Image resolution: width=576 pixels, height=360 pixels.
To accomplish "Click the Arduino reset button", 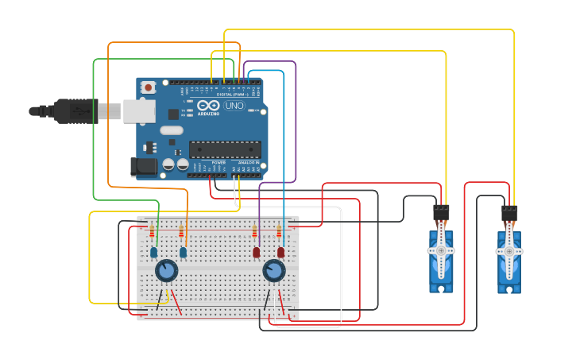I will pos(148,87).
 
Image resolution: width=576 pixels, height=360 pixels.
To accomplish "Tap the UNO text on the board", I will pos(234,106).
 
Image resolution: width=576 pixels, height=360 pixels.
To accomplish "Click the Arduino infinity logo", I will pos(208,105).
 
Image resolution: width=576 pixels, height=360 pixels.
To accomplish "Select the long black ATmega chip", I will pos(225,149).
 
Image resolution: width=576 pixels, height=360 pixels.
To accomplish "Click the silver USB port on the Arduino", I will pos(139,111).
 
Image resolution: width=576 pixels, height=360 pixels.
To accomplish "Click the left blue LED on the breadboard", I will pos(153,252).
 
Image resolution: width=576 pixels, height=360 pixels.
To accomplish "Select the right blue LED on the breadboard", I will pos(184,252).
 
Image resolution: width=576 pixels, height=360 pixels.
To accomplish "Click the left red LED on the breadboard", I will pos(256,252).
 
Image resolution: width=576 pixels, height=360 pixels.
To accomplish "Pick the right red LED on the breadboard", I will pos(280,252).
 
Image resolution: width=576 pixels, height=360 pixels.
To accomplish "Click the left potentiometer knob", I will pos(166,271).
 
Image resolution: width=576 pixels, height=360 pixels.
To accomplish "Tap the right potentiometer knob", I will pos(274,271).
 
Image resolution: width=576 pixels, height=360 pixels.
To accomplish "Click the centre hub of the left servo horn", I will pos(441,250).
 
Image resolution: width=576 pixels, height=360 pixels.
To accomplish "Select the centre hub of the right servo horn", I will pos(509,251).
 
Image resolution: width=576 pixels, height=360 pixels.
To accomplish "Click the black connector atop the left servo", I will pos(441,212).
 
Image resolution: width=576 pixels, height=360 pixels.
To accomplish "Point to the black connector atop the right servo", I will pos(509,214).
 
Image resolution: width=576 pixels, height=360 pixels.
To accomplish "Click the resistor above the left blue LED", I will pos(152,231).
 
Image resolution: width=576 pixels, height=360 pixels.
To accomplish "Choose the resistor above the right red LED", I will pos(279,231).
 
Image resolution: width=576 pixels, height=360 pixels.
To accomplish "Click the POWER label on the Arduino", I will pos(218,162).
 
